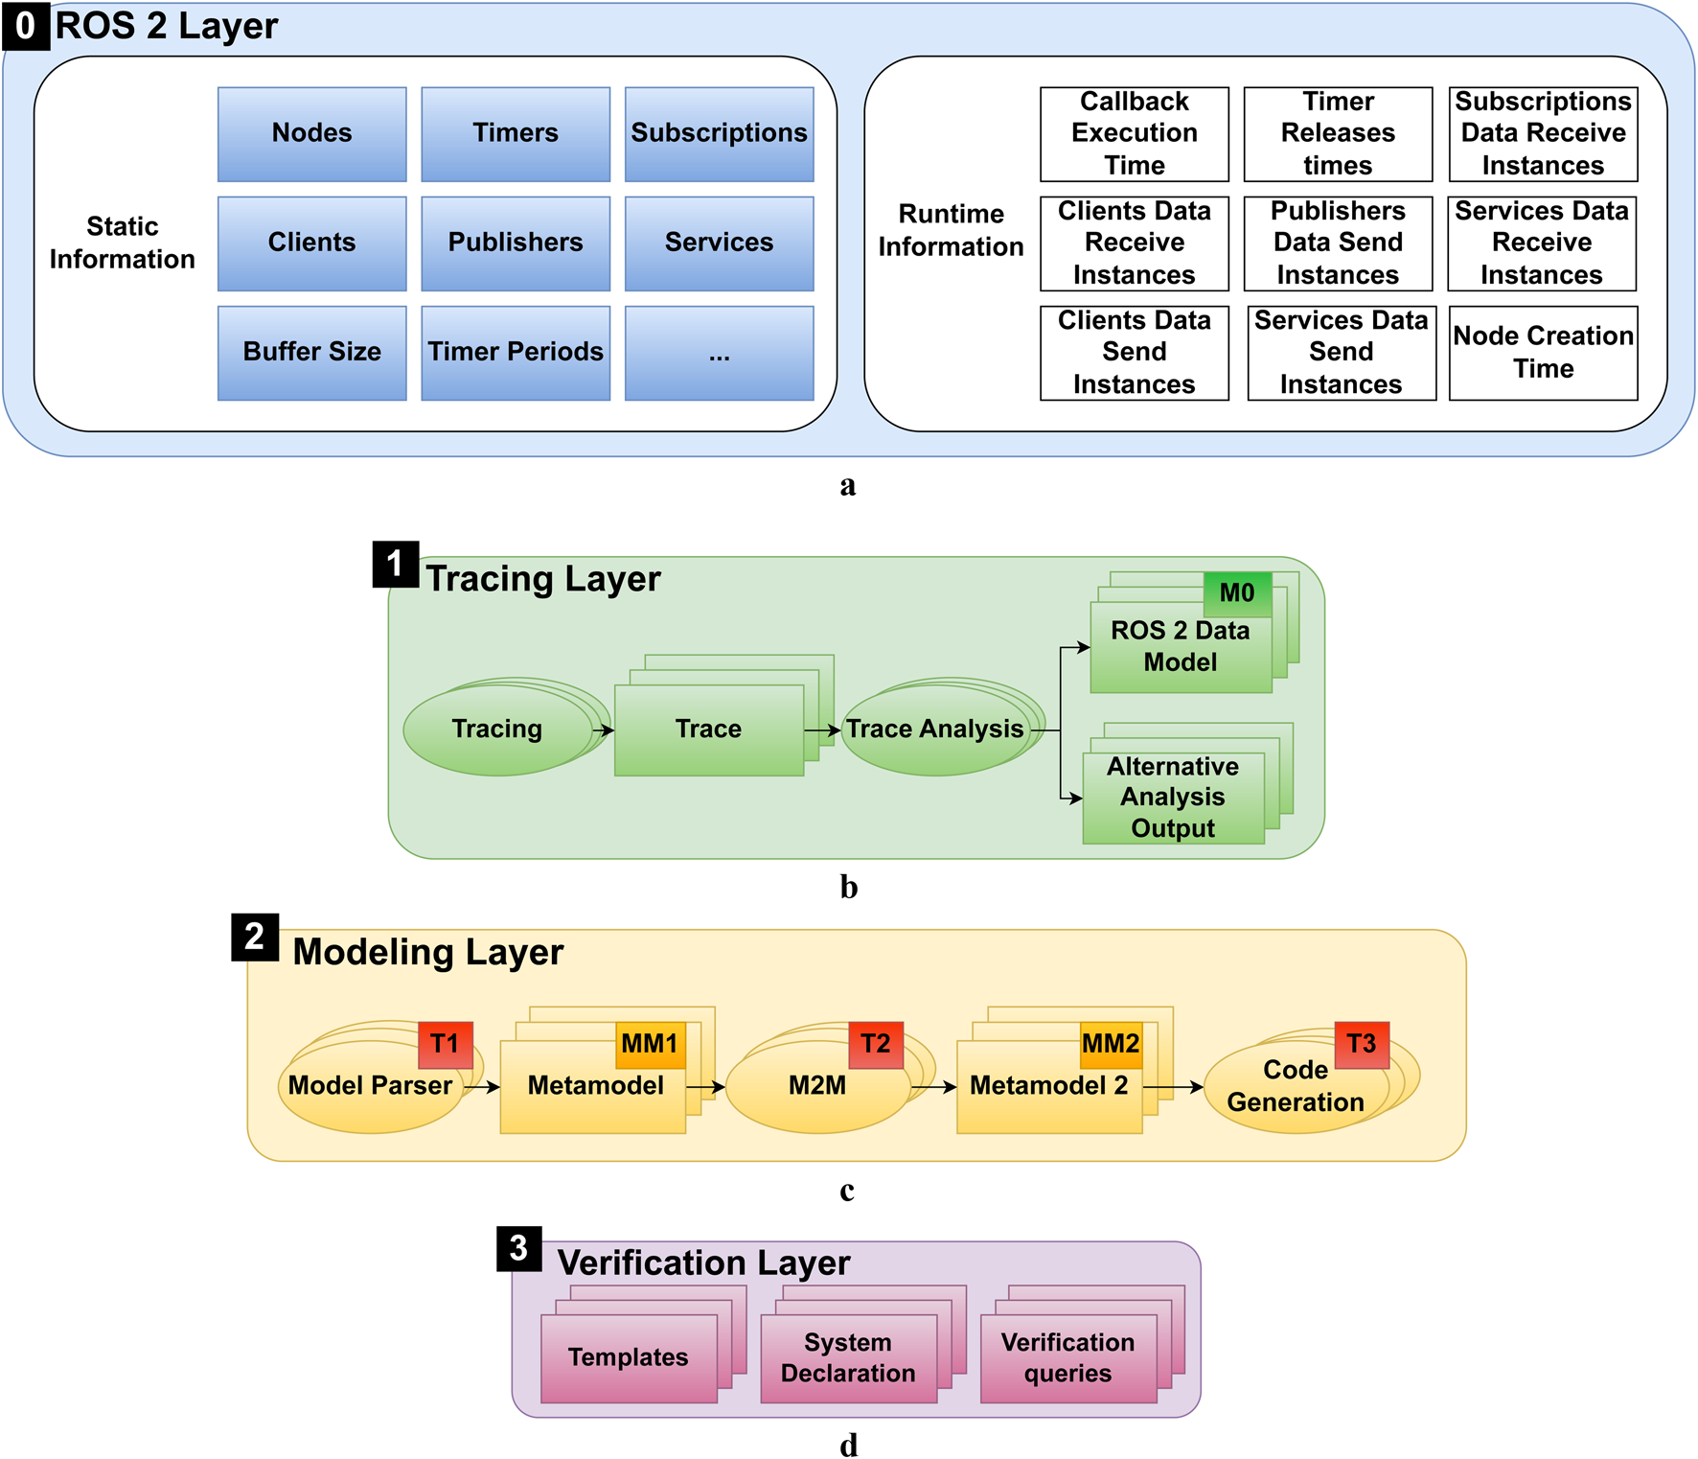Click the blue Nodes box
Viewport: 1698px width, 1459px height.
[x=311, y=134]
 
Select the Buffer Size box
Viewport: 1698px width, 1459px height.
[x=311, y=352]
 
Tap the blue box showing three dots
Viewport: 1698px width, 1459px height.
[x=719, y=352]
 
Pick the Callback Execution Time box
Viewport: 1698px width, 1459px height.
[x=1134, y=134]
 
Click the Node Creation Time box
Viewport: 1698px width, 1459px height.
[x=1543, y=352]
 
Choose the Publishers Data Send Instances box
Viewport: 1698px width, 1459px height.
[x=1338, y=243]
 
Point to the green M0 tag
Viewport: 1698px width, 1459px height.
[x=1236, y=593]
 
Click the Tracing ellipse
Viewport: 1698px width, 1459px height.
[x=496, y=729]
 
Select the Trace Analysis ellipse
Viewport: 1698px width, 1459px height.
[x=934, y=729]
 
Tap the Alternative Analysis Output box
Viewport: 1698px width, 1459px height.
[x=1172, y=798]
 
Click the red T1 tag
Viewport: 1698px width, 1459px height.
[x=445, y=1044]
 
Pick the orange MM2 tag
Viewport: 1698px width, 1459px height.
[x=1111, y=1044]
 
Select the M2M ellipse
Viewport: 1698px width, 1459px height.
[x=816, y=1086]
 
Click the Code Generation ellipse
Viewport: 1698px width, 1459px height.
[x=1296, y=1087]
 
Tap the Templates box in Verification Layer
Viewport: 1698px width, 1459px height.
[x=628, y=1357]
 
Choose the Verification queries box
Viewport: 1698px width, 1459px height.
[x=1067, y=1357]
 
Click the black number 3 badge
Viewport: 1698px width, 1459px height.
[x=518, y=1248]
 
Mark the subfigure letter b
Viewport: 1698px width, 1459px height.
[x=848, y=888]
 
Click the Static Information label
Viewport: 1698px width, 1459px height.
[x=122, y=243]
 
